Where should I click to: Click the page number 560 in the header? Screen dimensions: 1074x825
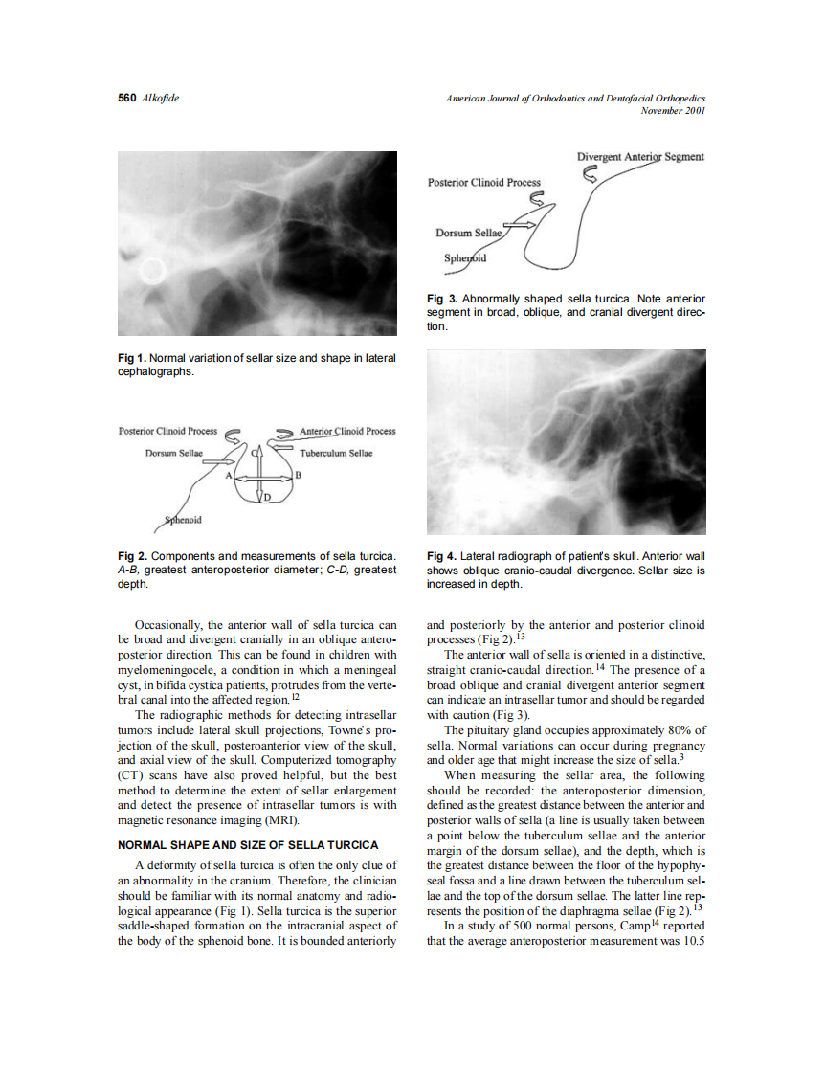click(126, 99)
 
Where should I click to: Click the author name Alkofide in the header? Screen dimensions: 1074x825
click(160, 99)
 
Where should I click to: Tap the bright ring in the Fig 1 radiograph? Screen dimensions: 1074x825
click(151, 273)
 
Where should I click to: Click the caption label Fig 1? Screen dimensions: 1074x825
click(132, 358)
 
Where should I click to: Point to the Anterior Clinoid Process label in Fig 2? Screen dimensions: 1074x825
click(347, 431)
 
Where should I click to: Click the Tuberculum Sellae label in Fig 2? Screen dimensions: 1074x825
click(336, 453)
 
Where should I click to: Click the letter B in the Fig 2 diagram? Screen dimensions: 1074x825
click(300, 475)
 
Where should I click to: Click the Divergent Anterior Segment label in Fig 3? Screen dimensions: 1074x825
click(640, 157)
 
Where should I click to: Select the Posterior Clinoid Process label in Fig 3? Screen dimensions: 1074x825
click(483, 182)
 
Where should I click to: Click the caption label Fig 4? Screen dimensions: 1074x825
click(441, 556)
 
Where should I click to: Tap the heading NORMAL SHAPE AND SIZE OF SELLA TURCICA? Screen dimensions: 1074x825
click(249, 845)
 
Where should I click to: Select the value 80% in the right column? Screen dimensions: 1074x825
click(687, 730)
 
